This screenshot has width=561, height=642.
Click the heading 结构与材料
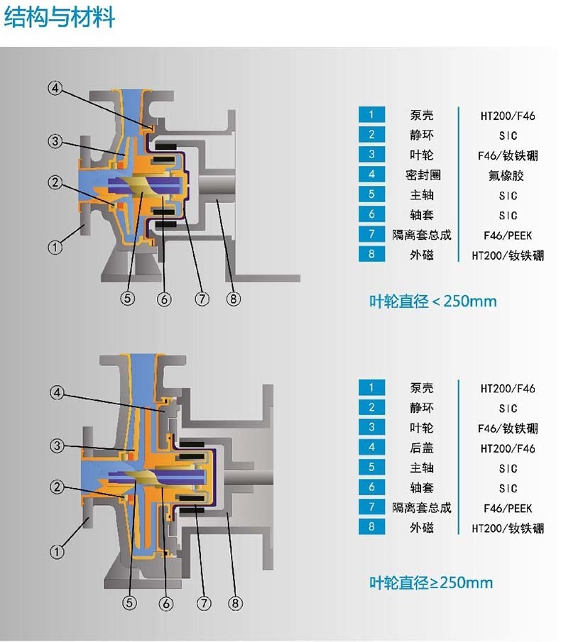(60, 17)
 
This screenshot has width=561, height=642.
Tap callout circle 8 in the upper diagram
(234, 299)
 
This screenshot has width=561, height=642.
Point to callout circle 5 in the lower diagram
(129, 604)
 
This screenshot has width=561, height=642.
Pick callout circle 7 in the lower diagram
(204, 604)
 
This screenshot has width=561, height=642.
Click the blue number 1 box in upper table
(371, 115)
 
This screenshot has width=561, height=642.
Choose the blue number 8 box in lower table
(371, 527)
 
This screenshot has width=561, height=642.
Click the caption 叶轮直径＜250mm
(432, 301)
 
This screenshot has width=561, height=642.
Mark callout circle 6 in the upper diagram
(165, 299)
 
